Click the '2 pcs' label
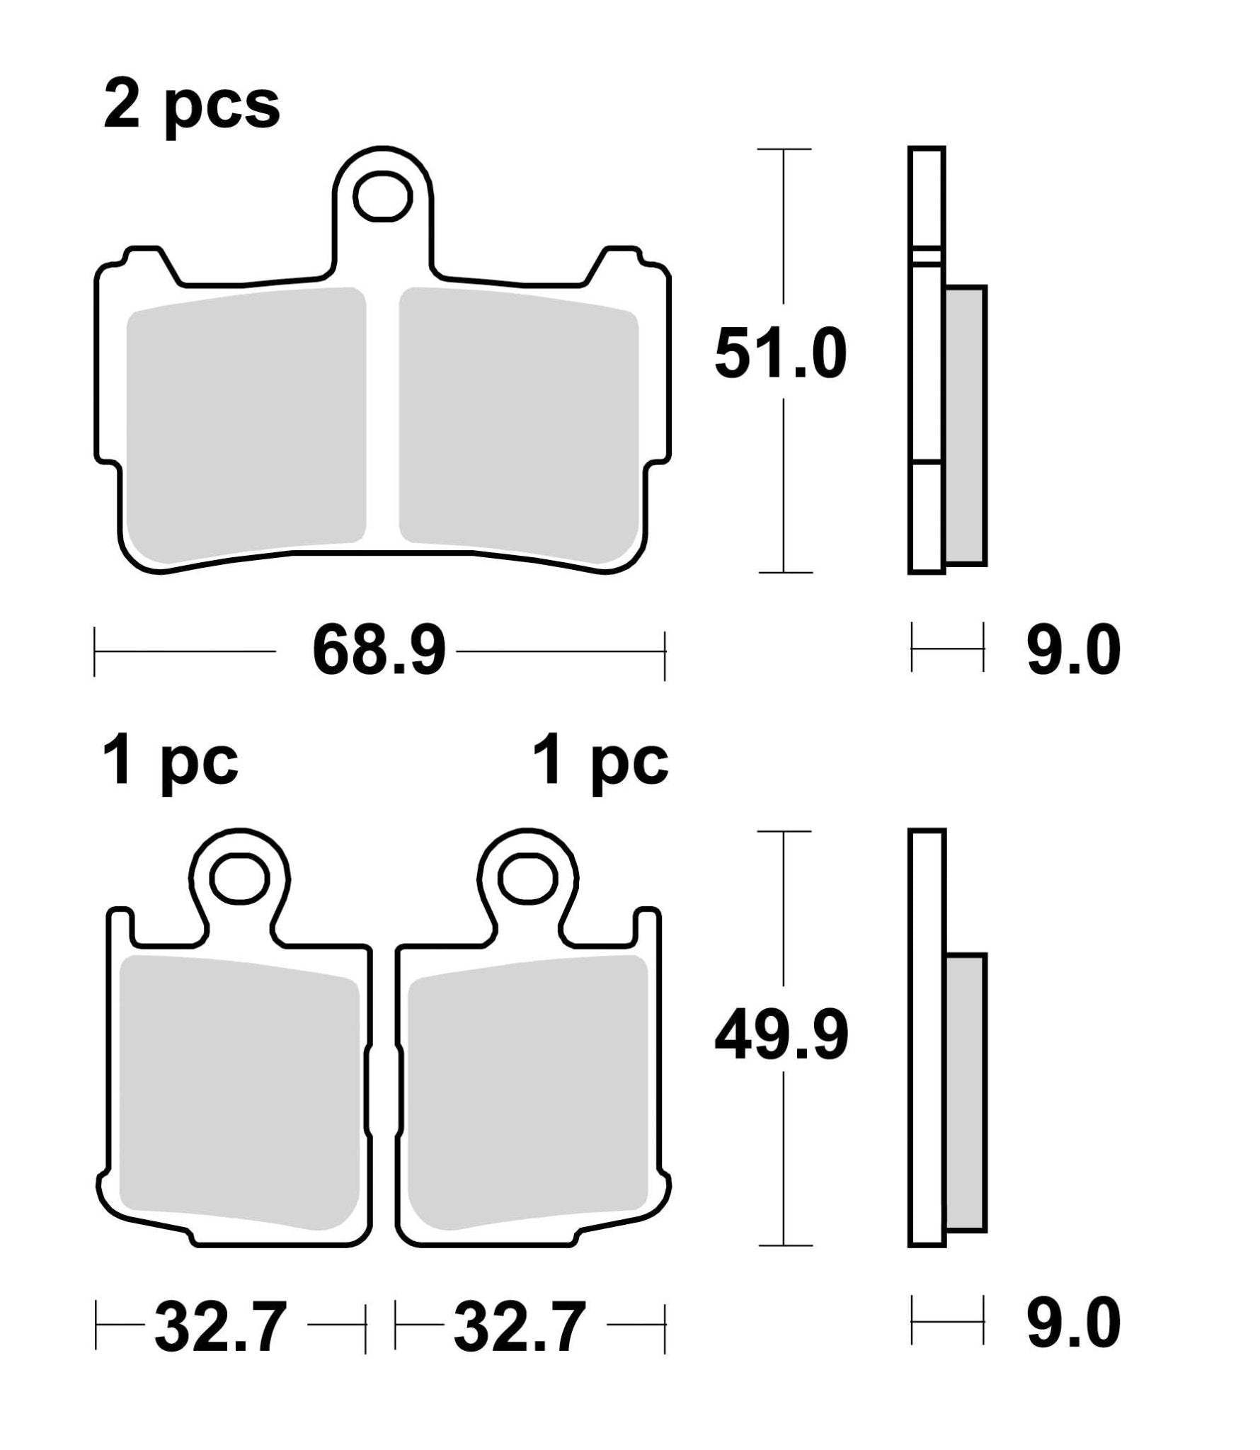(x=192, y=106)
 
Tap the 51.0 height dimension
(x=781, y=353)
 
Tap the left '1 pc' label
(x=171, y=763)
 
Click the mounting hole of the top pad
(x=383, y=195)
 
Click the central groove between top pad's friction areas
(x=383, y=425)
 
